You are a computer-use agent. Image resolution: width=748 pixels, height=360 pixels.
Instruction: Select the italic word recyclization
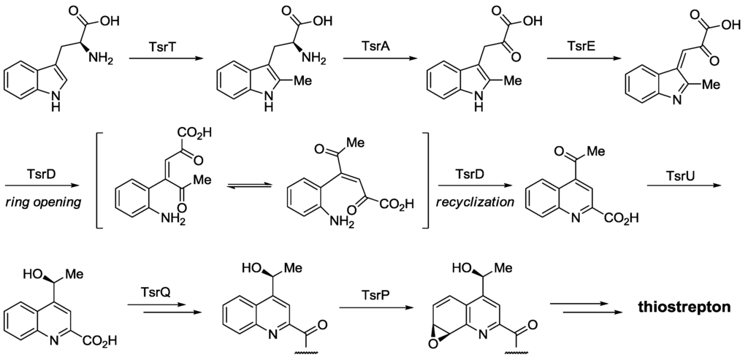click(469, 201)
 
